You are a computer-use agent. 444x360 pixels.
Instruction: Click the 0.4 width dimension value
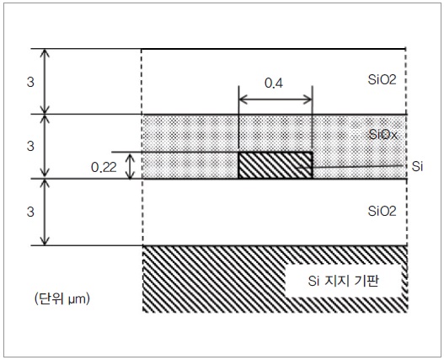pos(274,83)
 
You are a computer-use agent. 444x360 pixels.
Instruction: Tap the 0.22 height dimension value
pos(104,168)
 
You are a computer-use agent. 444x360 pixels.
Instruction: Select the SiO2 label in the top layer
pos(382,79)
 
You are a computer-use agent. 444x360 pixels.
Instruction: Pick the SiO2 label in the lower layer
pos(382,211)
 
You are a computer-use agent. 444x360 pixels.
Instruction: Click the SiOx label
pos(383,135)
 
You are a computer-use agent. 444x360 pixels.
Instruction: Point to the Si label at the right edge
pos(417,166)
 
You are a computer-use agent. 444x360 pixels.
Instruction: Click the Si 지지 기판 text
pos(343,281)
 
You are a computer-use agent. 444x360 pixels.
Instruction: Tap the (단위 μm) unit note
pos(62,298)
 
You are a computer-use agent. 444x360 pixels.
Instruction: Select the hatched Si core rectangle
pos(275,165)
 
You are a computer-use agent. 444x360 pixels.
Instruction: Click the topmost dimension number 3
pos(30,83)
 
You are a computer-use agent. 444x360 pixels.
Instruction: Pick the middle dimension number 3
pos(30,146)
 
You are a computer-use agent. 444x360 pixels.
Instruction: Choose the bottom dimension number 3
pos(30,212)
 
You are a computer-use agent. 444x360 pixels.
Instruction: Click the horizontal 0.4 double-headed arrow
pos(275,99)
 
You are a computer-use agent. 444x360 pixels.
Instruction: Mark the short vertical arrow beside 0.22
pos(130,166)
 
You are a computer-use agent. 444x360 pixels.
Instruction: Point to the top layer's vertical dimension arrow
pos(45,82)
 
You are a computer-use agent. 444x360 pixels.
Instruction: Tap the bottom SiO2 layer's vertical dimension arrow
pos(45,212)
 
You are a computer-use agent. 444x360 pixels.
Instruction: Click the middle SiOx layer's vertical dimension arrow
pos(45,147)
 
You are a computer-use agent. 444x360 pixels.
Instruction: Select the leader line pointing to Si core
pos(350,167)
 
